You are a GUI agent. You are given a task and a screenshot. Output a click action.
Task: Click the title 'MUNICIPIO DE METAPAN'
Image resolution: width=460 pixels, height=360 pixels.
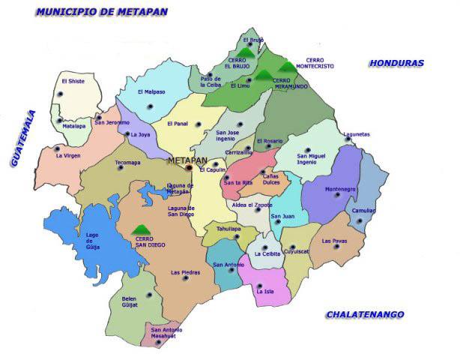point(102,12)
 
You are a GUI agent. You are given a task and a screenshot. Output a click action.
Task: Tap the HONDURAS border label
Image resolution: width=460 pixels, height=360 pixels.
point(396,64)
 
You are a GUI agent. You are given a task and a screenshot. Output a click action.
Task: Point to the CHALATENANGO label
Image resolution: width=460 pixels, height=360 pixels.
point(365,315)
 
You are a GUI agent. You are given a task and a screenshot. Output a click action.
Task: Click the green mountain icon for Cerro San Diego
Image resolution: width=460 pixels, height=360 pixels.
point(139,229)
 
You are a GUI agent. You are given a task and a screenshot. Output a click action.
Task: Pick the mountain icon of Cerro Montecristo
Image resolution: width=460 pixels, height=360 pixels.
point(287,67)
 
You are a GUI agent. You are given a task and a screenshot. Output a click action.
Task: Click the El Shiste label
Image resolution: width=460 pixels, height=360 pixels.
point(73,82)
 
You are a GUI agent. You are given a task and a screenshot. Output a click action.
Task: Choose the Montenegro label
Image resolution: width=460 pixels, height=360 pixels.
point(339,189)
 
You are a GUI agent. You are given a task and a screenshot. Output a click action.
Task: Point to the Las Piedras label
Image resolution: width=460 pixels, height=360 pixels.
point(185,272)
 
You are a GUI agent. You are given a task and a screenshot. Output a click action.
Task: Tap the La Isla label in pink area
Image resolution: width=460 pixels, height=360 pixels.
point(264,291)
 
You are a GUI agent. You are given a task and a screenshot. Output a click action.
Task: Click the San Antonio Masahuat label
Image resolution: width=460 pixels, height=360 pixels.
point(166,334)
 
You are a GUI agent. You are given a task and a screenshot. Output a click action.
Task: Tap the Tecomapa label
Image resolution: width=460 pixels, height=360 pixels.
point(127,162)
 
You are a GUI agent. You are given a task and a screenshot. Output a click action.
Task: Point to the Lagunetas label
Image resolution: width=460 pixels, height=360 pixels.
point(357,135)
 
